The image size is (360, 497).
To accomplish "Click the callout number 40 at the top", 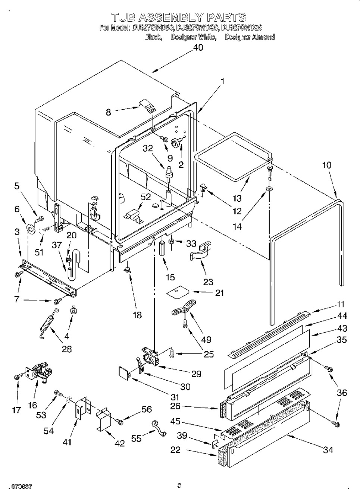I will point(198,48).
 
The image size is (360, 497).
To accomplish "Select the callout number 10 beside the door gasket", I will point(326,165).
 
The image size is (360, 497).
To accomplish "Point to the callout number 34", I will point(328,450).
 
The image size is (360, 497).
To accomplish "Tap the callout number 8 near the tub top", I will point(109,112).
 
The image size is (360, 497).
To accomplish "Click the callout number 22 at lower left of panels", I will point(175,450).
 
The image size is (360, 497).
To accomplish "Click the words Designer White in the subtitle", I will point(193,37).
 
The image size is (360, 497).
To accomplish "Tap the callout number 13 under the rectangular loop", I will point(237,198).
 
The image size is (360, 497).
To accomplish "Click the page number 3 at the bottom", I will point(179,485).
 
